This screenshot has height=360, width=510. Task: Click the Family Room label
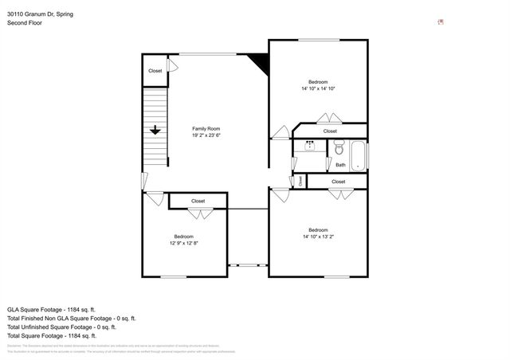[x=206, y=128]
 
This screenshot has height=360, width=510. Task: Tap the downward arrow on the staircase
[x=155, y=130]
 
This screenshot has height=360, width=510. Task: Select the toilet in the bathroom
[x=339, y=148]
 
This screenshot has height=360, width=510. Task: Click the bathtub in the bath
[x=358, y=155]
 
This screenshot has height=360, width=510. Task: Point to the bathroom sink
[x=309, y=146]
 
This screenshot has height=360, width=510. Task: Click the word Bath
[x=340, y=165]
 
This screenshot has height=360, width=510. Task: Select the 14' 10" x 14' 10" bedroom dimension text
[x=318, y=88]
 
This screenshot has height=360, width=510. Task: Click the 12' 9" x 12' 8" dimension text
[x=184, y=243]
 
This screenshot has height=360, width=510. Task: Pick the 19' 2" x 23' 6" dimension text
[x=206, y=135]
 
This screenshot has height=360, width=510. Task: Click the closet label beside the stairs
[x=155, y=71]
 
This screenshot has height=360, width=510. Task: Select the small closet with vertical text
[x=300, y=182]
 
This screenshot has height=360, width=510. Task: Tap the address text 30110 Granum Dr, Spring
[x=41, y=14]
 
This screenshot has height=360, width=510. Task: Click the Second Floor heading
[x=25, y=23]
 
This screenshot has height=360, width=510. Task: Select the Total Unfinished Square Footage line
[x=61, y=327]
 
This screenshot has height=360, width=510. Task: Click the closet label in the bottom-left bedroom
[x=198, y=201]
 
